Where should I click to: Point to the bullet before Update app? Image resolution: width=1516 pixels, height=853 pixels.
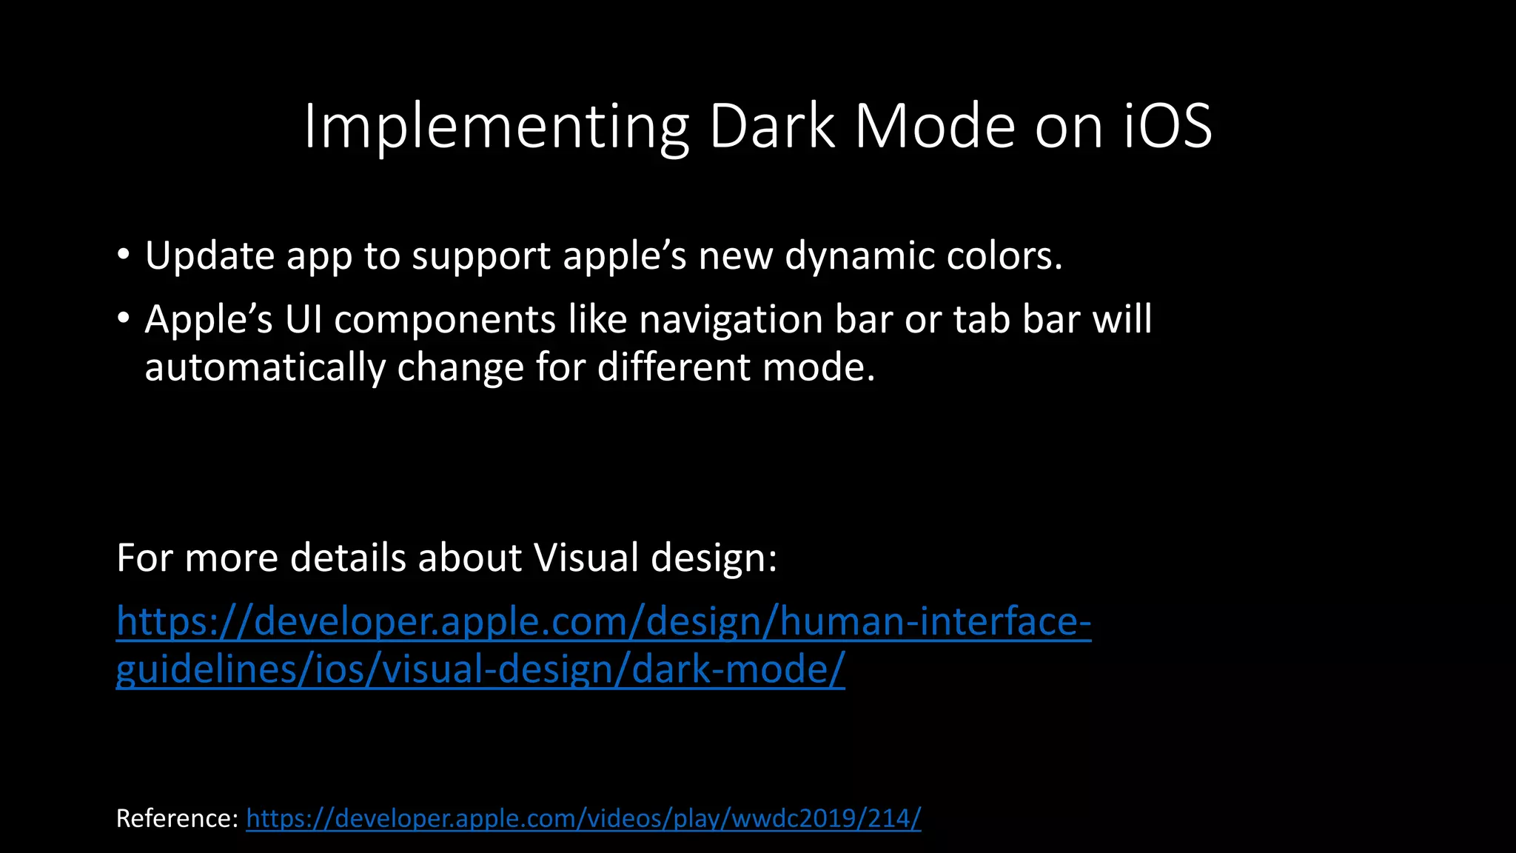(123, 255)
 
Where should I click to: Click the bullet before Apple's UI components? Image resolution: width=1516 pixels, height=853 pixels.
(123, 319)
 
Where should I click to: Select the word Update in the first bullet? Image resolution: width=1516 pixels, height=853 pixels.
(209, 256)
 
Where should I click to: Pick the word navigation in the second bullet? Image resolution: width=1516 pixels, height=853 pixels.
(731, 320)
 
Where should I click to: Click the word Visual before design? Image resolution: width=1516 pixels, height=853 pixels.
(586, 558)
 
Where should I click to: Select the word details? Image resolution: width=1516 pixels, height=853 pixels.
(347, 558)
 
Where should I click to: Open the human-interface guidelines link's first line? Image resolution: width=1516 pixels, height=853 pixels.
(603, 621)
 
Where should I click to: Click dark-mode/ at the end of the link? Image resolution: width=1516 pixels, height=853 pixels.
(737, 669)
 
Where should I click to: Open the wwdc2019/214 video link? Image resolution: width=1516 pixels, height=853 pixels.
(583, 819)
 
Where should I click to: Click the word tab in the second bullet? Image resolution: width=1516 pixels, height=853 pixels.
(982, 320)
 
